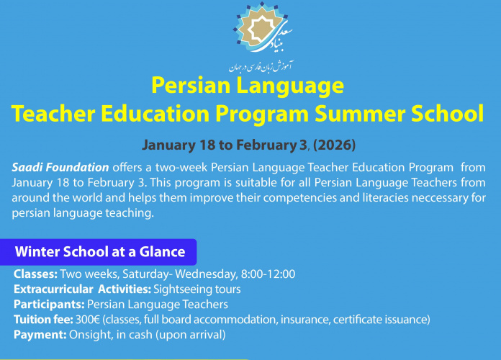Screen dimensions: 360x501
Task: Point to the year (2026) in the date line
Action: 333,144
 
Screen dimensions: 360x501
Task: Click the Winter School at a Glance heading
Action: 100,252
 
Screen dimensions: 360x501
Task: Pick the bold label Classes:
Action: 35,274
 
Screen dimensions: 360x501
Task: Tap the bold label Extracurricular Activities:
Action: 81,289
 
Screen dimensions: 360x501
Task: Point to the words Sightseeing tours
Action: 197,289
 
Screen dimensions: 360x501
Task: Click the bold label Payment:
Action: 40,334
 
